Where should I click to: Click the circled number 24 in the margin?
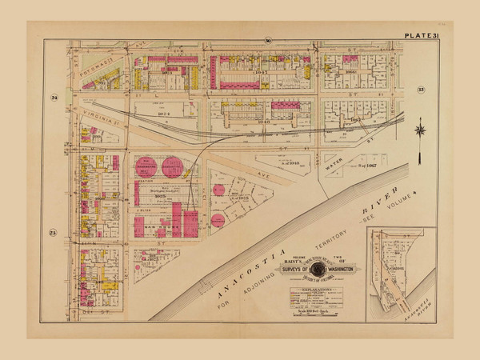pos(54,98)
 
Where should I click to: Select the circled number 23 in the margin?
pos(54,233)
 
